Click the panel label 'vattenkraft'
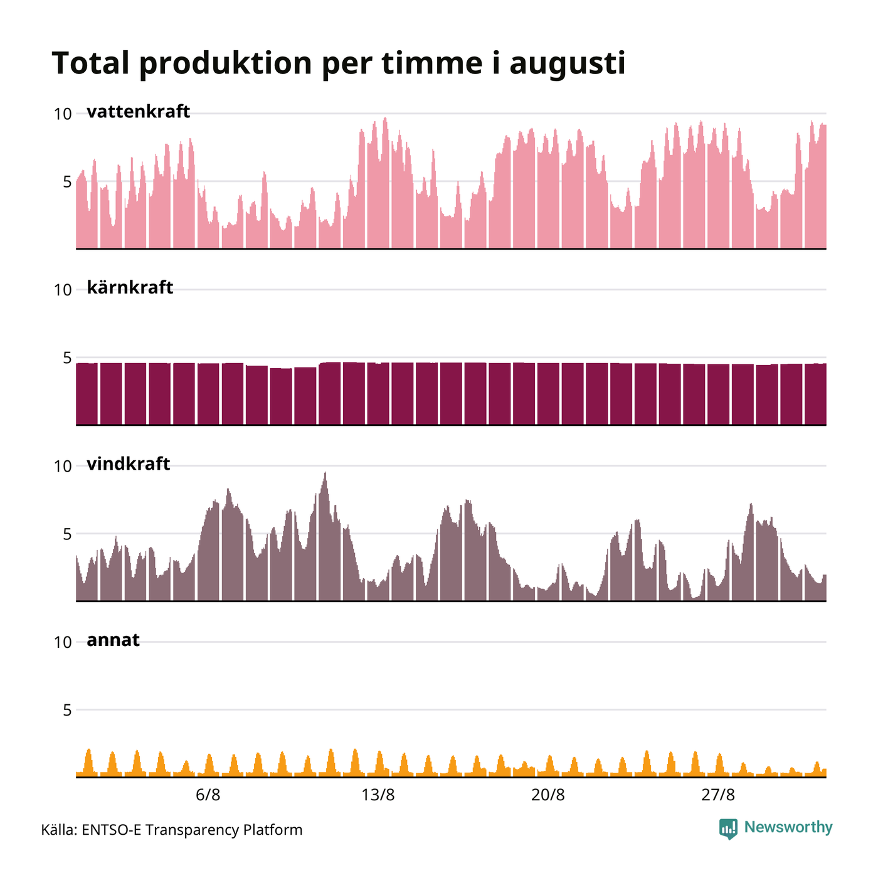pyautogui.click(x=138, y=112)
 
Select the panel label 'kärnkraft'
pyautogui.click(x=130, y=287)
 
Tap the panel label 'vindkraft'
pyautogui.click(x=129, y=464)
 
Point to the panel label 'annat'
pyautogui.click(x=113, y=640)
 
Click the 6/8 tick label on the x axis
pyautogui.click(x=208, y=795)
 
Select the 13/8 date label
pyautogui.click(x=378, y=795)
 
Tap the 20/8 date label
pyautogui.click(x=547, y=795)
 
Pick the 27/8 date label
pyautogui.click(x=717, y=795)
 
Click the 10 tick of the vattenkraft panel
pyautogui.click(x=63, y=114)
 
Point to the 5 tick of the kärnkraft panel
pyautogui.click(x=68, y=358)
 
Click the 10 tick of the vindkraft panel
pyautogui.click(x=63, y=467)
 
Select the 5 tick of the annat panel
pyautogui.click(x=68, y=711)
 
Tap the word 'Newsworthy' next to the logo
pyautogui.click(x=788, y=827)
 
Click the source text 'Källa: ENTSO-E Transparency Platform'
pyautogui.click(x=172, y=830)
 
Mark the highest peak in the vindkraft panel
pyautogui.click(x=325, y=472)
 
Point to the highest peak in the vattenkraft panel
pyautogui.click(x=385, y=118)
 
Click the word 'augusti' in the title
pyautogui.click(x=568, y=65)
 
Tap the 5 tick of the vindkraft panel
pyautogui.click(x=68, y=534)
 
